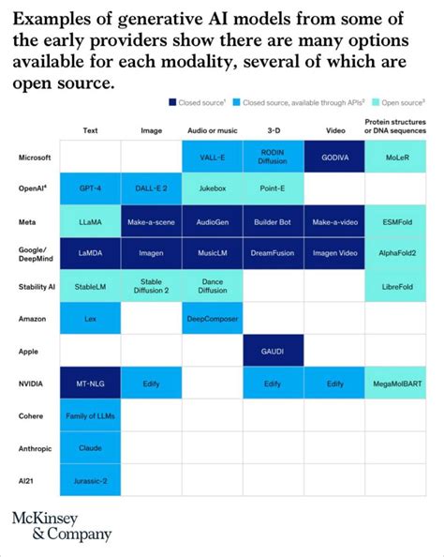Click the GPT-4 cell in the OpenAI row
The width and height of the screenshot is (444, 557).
91,188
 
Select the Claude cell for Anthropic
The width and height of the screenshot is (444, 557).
91,448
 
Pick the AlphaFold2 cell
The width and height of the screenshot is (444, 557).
394,253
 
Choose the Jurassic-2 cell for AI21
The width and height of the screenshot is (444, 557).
91,481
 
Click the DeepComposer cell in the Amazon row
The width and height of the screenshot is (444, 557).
212,318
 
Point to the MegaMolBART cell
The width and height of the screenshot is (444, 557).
394,384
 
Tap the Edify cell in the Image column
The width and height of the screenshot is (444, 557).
152,384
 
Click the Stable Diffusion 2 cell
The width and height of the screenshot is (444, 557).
152,286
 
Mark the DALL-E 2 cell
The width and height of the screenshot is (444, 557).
152,188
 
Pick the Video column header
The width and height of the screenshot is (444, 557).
333,131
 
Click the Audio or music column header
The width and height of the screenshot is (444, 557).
212,131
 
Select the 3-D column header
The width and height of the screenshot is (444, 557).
273,131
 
